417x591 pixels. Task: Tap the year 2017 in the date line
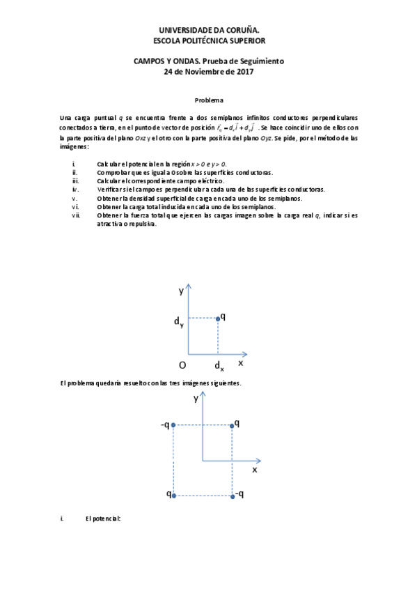pos(244,71)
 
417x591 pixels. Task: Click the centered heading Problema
pos(209,100)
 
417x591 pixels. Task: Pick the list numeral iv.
pos(75,190)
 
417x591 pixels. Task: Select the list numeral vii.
pos(76,215)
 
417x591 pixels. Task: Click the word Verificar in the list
pos(111,190)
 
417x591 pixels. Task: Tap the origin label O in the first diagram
pos(182,364)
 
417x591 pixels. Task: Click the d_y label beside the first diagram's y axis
pos(180,322)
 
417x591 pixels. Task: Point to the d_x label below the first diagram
pos(219,367)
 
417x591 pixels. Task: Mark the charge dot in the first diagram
pos(218,318)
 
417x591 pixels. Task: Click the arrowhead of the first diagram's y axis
pos(188,287)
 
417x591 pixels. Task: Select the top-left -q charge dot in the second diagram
pos(173,424)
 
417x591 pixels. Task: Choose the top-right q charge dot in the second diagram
pos(231,424)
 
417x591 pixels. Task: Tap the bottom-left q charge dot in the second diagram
pos(173,496)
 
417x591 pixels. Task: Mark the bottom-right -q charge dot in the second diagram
pos(231,496)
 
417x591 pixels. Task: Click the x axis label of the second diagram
pos(254,470)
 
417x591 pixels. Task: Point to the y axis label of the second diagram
pos(196,399)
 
